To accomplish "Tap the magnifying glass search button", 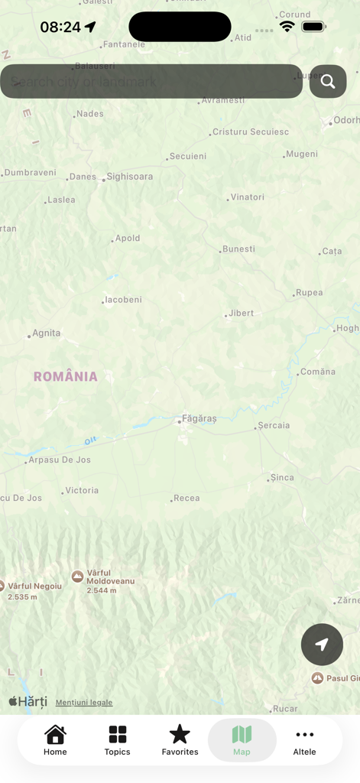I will coord(328,82).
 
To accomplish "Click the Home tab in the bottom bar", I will coord(55,740).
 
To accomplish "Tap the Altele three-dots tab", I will coord(304,740).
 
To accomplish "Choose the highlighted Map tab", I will coord(242,740).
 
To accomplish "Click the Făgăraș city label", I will coord(199,419).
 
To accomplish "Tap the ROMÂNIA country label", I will coord(66,376).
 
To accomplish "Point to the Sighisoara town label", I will coord(129,177).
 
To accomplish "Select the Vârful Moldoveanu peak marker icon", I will coord(77,577).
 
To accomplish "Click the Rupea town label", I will coord(309,292).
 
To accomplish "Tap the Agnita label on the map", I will coord(46,333).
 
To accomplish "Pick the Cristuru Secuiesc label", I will coord(251,132).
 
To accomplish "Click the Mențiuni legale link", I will coord(84,703).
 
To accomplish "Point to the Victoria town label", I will coord(82,490).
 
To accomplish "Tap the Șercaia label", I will coord(274,425).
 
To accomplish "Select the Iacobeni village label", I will coord(123,300).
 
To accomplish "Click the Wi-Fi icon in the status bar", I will coord(287,27).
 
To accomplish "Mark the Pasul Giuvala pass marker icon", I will coord(317,678).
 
